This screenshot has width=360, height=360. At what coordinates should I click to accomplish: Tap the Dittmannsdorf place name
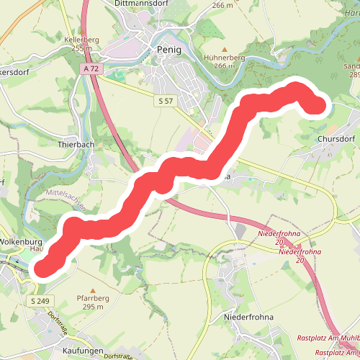[x=143, y=4]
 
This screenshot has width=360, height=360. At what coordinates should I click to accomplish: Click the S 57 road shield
[x=166, y=101]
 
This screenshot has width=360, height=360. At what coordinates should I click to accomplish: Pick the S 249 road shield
[x=40, y=300]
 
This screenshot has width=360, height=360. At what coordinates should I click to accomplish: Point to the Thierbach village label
[x=76, y=144]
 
